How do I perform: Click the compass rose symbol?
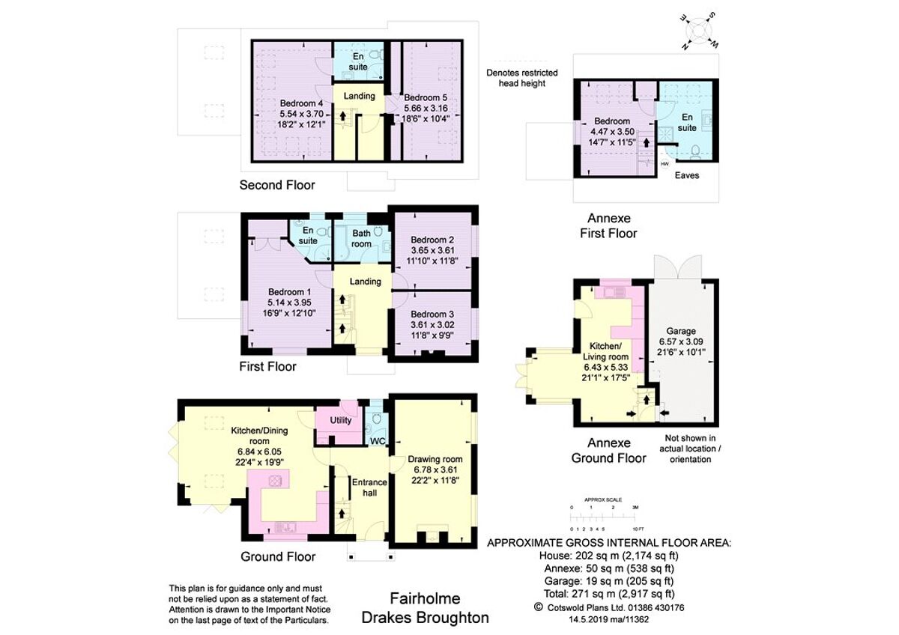coord(698,31)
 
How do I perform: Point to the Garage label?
coord(681,330)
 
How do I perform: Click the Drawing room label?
coord(435,459)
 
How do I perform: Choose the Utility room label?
coord(341,420)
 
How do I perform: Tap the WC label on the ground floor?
coord(377,441)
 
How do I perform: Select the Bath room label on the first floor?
coord(362,239)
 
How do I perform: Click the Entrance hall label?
coord(369,487)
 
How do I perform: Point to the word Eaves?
coord(687,176)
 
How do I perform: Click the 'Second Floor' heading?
coord(277,185)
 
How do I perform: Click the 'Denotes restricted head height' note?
coord(522,78)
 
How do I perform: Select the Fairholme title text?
coord(425,599)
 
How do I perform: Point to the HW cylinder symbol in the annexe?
coord(665,164)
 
